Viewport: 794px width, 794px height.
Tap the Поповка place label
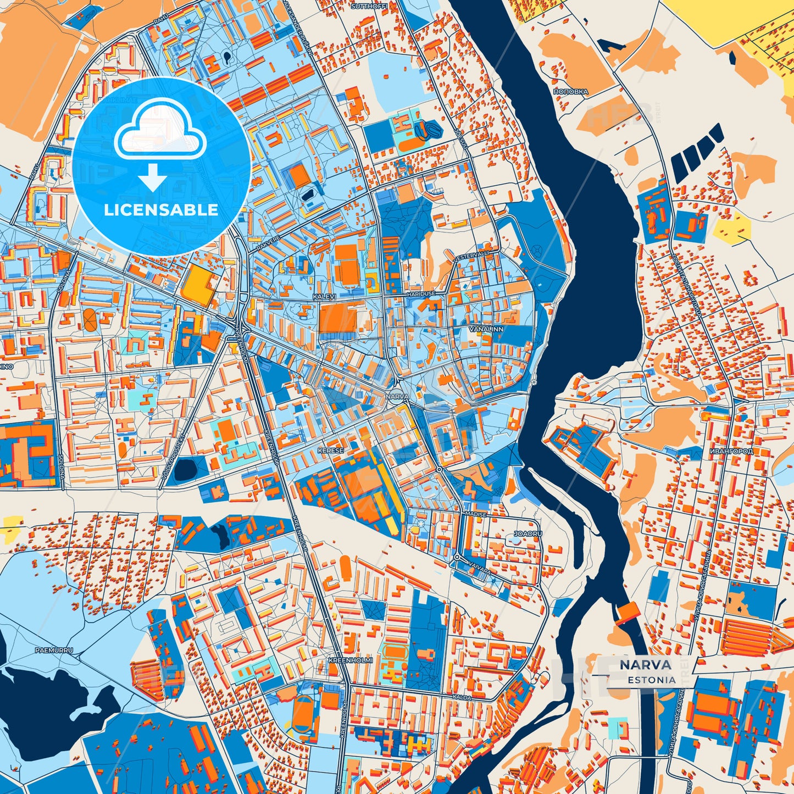(570, 92)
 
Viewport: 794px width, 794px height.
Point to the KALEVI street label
(324, 296)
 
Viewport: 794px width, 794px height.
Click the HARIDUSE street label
(421, 294)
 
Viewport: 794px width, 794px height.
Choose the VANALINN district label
(486, 329)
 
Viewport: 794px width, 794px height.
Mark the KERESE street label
(330, 451)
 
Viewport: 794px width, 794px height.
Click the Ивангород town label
(731, 451)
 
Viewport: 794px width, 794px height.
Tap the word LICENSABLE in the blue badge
(162, 210)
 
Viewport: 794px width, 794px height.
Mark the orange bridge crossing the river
(625, 613)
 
